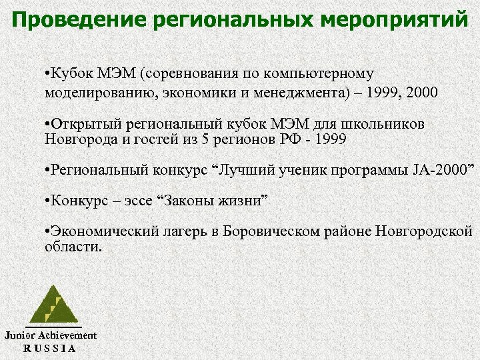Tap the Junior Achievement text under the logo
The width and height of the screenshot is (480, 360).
[51, 335]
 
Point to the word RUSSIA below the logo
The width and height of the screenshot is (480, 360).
[50, 348]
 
